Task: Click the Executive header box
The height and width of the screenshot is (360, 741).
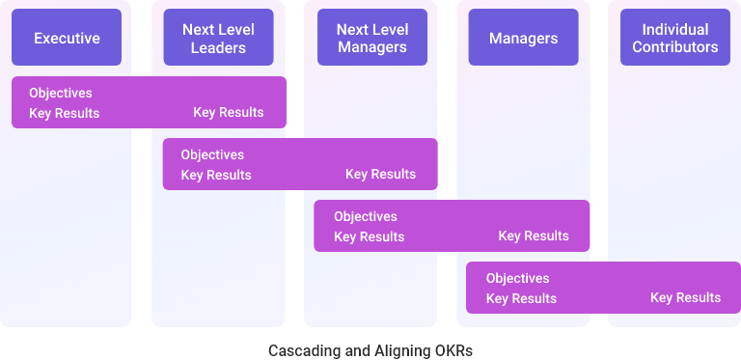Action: pos(67,39)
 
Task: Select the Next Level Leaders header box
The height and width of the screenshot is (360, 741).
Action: pos(218,39)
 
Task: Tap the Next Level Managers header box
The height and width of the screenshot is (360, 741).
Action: pos(371,39)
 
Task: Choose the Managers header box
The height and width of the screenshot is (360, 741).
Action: pos(523,39)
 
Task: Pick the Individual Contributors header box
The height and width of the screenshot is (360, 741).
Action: pos(675,39)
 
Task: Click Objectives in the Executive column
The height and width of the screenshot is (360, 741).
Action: pos(61,94)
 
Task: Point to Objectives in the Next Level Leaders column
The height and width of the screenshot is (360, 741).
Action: pos(212,154)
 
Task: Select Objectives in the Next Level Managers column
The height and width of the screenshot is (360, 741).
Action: pos(366,216)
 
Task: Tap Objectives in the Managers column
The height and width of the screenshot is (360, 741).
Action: pos(517,278)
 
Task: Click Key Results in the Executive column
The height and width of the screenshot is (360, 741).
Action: pos(64,114)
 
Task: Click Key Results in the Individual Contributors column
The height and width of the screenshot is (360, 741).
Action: pos(685,297)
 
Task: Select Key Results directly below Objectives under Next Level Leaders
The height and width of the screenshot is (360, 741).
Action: pos(216,175)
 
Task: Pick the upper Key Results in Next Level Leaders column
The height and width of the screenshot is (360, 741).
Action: pos(229,113)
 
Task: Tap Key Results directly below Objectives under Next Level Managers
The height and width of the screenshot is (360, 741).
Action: pos(369,236)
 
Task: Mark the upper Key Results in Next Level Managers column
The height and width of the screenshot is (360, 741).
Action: pos(381,175)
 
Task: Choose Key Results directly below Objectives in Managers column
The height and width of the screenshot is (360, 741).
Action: pos(521,298)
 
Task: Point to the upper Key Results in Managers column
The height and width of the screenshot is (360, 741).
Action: pos(534,236)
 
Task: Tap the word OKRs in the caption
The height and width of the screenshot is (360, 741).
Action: pos(453,350)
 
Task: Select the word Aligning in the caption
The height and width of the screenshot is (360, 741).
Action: pos(397,350)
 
